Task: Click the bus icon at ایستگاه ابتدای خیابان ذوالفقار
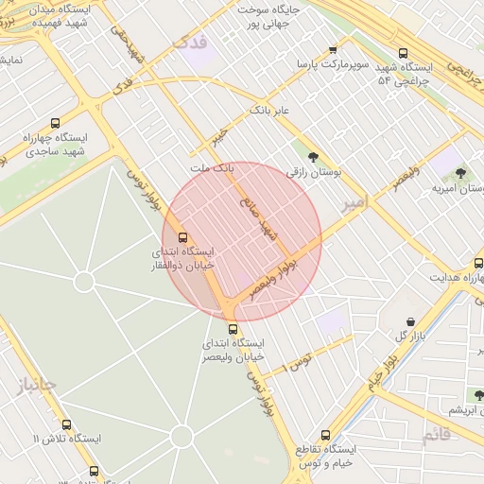182,238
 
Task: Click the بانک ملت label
211,168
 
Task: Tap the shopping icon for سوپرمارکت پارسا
333,50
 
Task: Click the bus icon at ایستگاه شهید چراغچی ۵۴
404,54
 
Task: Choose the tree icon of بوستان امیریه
460,173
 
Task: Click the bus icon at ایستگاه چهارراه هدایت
476,263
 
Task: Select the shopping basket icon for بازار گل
409,322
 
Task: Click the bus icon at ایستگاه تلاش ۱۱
66,425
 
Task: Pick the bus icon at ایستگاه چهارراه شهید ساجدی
56,123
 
